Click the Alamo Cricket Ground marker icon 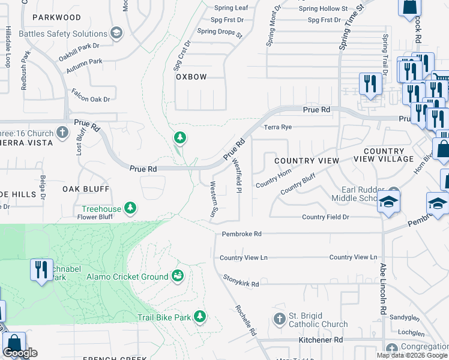pyautogui.click(x=178, y=276)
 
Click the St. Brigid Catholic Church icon pyautogui.click(x=279, y=318)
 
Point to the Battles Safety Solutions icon pyautogui.click(x=116, y=32)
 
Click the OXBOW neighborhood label pyautogui.click(x=191, y=77)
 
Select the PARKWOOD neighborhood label pyautogui.click(x=57, y=18)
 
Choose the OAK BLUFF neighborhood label pyautogui.click(x=86, y=188)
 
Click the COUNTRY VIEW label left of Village pyautogui.click(x=307, y=161)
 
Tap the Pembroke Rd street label pyautogui.click(x=241, y=234)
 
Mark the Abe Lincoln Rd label pyautogui.click(x=381, y=290)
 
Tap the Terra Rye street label pyautogui.click(x=278, y=127)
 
